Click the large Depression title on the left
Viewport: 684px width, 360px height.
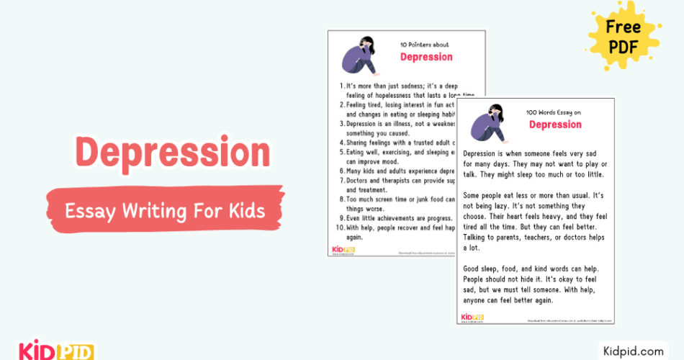pos(173,153)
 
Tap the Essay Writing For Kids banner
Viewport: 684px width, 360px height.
pos(164,211)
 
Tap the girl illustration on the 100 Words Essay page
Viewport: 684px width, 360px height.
pos(491,122)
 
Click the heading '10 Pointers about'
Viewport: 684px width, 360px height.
pos(426,45)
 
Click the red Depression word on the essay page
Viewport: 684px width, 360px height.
pos(555,125)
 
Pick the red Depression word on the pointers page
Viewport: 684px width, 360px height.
pos(426,57)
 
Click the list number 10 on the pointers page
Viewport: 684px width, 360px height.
pos(341,228)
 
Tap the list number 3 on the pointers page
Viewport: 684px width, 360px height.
pos(342,124)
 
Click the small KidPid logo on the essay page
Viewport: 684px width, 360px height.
pos(472,317)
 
